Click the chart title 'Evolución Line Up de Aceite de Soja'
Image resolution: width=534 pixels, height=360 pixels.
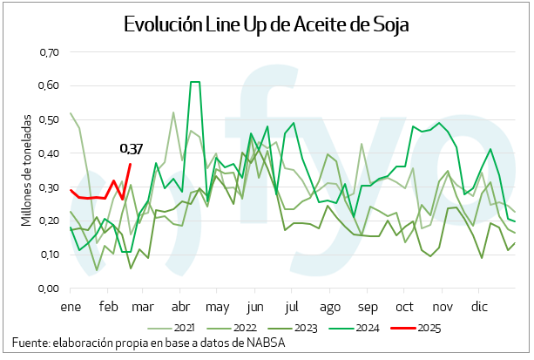pyautogui.click(x=267, y=24)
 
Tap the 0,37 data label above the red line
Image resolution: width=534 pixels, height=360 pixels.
pyautogui.click(x=132, y=149)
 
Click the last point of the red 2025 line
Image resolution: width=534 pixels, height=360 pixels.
pyautogui.click(x=131, y=164)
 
